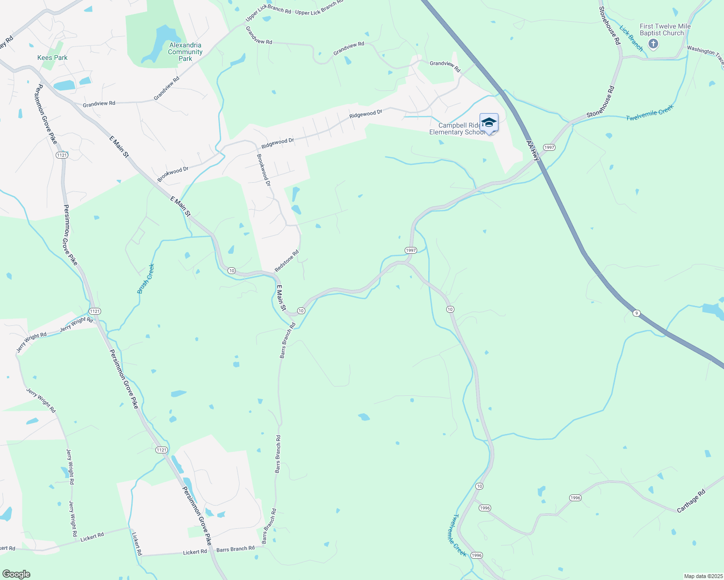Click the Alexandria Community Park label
[x=185, y=52]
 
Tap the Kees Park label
[x=52, y=58]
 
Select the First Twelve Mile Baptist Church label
[x=665, y=30]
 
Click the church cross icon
[x=653, y=44]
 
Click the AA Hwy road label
[x=533, y=150]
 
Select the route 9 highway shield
[x=636, y=313]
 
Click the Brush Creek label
[x=146, y=278]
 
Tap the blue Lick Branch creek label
[x=632, y=39]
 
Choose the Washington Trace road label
[x=705, y=54]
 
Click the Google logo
[x=16, y=574]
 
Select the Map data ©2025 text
[x=703, y=576]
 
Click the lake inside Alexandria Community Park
[x=160, y=42]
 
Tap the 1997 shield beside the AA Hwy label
[x=549, y=147]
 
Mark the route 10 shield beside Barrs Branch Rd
[x=301, y=311]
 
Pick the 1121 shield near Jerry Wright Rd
[x=94, y=311]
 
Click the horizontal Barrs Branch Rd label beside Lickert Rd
[x=235, y=549]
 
